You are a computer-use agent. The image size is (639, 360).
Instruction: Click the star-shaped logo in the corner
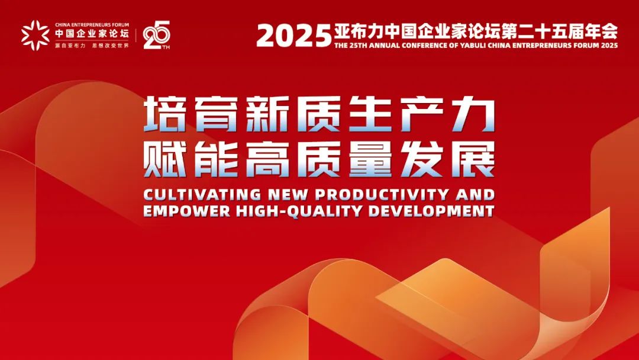tap(35, 35)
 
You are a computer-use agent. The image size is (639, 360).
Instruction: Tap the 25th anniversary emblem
tap(156, 35)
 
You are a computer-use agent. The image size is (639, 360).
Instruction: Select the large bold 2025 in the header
tap(294, 36)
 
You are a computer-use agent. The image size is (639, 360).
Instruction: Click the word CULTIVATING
tap(202, 194)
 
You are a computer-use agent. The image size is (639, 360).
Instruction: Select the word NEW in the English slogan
tap(288, 194)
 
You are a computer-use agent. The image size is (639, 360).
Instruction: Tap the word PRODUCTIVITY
tap(382, 194)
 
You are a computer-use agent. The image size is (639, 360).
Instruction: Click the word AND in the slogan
tap(475, 194)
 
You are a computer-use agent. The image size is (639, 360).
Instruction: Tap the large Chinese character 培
tap(165, 114)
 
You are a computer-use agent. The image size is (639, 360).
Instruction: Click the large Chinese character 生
tap(370, 114)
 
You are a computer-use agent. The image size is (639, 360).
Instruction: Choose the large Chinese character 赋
tap(165, 159)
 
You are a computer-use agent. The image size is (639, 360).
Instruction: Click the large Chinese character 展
tap(473, 159)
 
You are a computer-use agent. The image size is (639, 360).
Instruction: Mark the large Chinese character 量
tap(370, 159)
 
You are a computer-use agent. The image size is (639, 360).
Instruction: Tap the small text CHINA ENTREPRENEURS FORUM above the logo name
tap(92, 25)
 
